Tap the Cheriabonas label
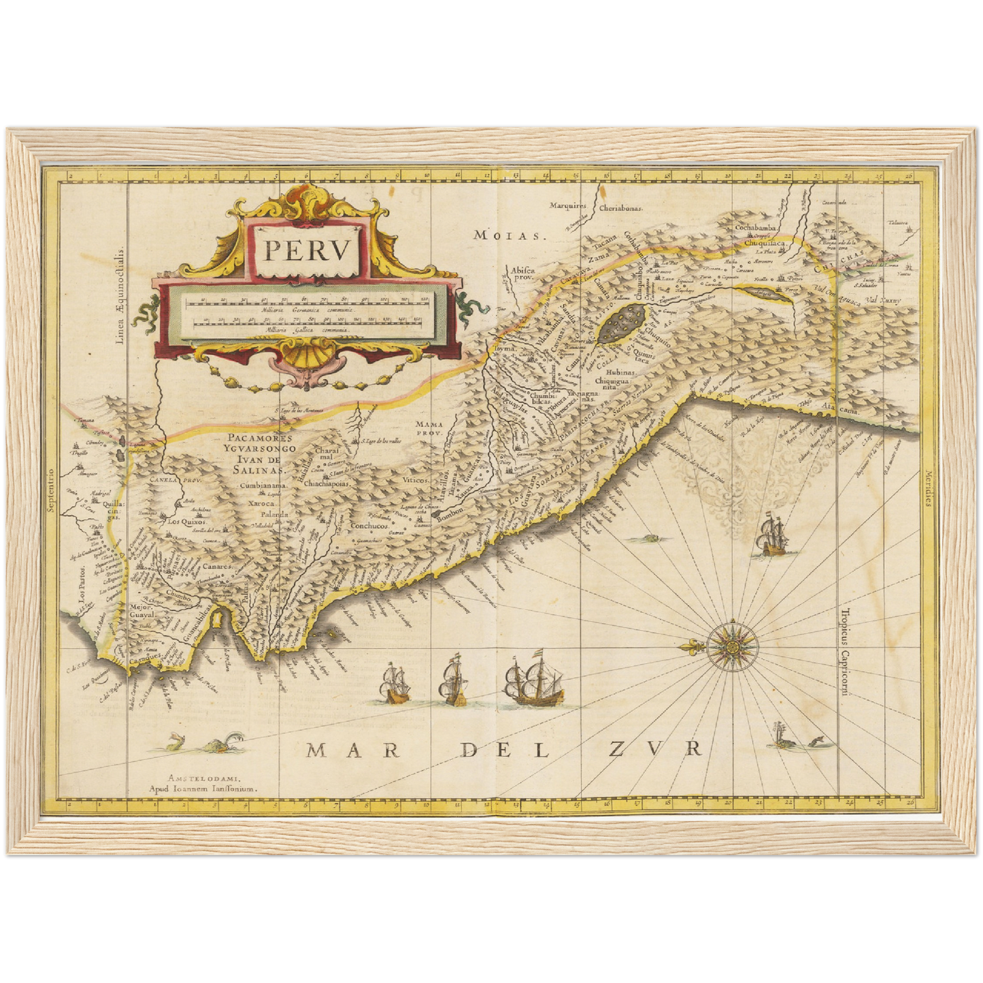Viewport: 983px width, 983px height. pyautogui.click(x=622, y=209)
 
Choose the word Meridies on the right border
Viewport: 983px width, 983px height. pyautogui.click(x=927, y=488)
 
